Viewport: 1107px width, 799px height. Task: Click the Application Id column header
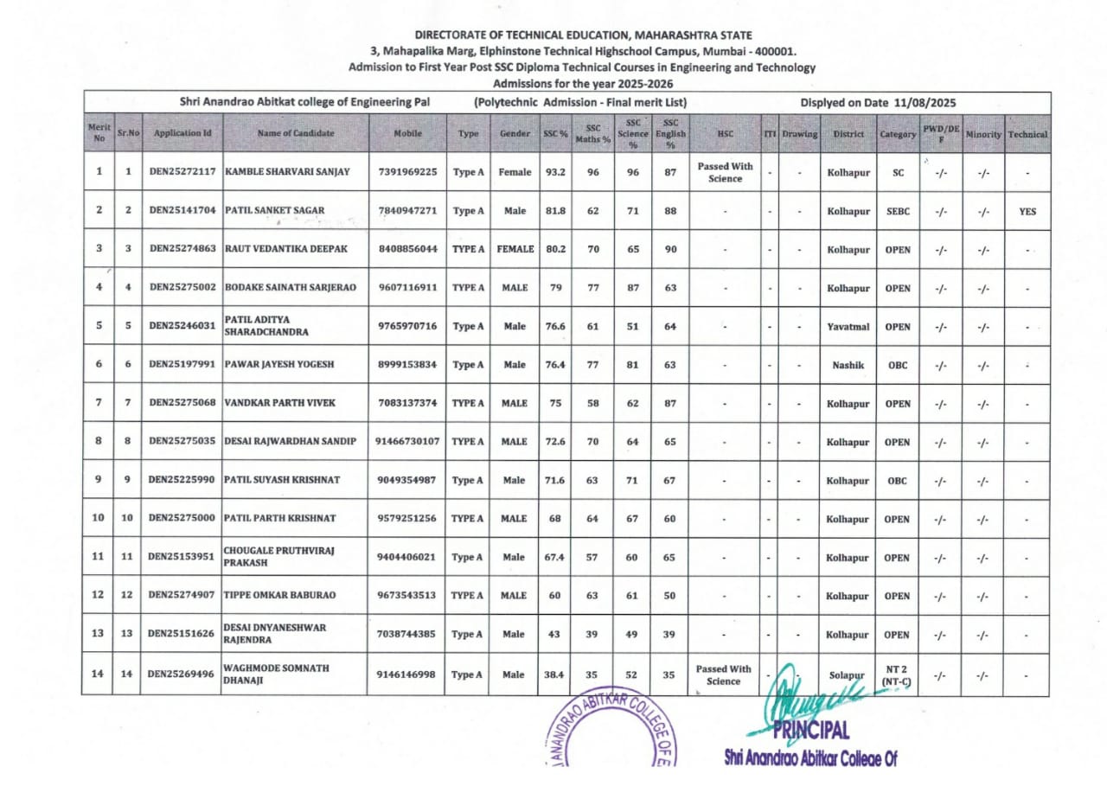tap(182, 134)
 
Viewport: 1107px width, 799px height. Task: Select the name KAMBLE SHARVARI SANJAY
tap(287, 172)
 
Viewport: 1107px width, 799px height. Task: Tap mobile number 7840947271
tap(407, 211)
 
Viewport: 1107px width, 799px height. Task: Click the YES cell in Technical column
tap(1027, 211)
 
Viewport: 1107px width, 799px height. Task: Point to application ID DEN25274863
tap(182, 249)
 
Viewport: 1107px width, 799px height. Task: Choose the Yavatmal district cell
tap(848, 327)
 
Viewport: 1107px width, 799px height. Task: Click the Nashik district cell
tap(848, 365)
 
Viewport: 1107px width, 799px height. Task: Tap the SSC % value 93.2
tap(555, 172)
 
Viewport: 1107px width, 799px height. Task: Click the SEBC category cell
tap(898, 211)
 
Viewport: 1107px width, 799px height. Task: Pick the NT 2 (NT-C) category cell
tap(898, 675)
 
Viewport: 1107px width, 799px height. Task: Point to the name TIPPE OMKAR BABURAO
tap(279, 596)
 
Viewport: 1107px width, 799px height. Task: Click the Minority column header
tap(983, 135)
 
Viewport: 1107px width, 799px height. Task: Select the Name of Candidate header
tap(295, 134)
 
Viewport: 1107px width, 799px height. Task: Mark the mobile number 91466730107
tap(407, 442)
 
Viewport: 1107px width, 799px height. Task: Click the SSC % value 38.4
tap(555, 674)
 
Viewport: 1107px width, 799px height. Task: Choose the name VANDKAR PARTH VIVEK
tap(279, 404)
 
